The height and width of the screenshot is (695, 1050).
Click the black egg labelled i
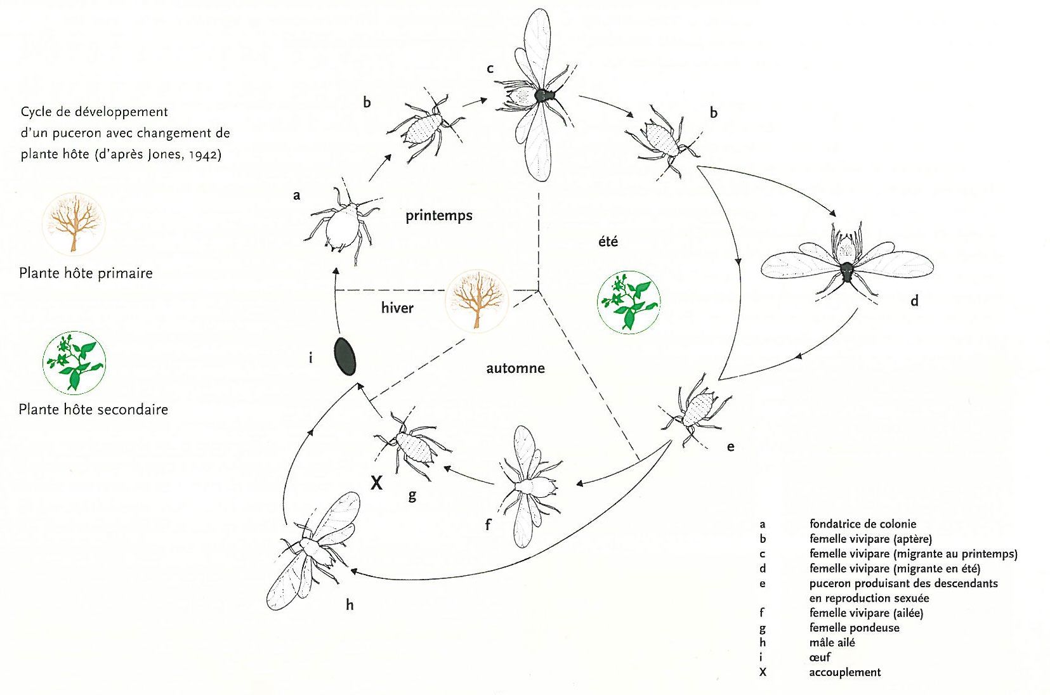pyautogui.click(x=345, y=356)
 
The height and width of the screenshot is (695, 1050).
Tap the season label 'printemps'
pyautogui.click(x=439, y=216)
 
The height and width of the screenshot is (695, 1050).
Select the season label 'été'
pyautogui.click(x=608, y=242)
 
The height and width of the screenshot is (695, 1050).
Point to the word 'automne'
pyautogui.click(x=515, y=368)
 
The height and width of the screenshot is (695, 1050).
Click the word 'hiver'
pyautogui.click(x=397, y=308)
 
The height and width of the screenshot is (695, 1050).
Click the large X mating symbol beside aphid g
pyautogui.click(x=376, y=483)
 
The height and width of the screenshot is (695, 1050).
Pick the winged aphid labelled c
pyautogui.click(x=538, y=95)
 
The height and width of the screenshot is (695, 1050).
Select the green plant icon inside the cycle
pyautogui.click(x=629, y=302)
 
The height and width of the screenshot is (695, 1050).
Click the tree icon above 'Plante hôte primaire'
pyautogui.click(x=74, y=224)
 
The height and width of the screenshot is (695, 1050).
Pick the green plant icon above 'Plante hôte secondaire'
pyautogui.click(x=74, y=362)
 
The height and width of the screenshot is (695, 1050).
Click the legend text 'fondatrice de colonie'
pyautogui.click(x=862, y=524)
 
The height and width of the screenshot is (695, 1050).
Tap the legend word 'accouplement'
pyautogui.click(x=844, y=672)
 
